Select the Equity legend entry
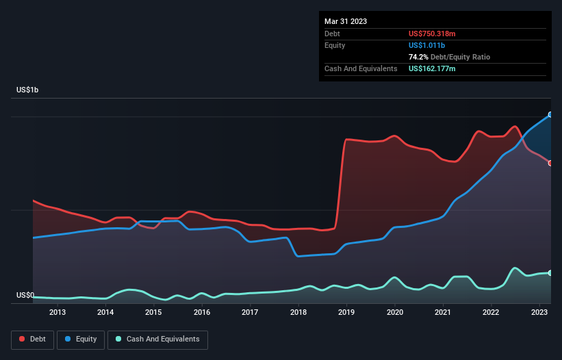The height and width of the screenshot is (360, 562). click(x=81, y=339)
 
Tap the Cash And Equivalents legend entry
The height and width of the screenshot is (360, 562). click(x=157, y=339)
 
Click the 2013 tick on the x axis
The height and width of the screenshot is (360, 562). click(x=58, y=313)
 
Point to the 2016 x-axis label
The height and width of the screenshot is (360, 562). click(x=202, y=313)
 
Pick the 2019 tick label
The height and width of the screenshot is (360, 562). click(x=346, y=313)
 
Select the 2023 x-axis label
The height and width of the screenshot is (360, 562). click(x=539, y=313)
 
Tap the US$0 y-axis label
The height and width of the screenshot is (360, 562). click(x=25, y=296)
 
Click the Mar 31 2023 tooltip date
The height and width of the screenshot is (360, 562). click(x=346, y=21)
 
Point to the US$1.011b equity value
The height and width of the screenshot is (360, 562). click(x=426, y=45)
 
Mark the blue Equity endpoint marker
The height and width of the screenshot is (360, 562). click(x=550, y=114)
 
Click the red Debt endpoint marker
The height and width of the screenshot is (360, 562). click(x=550, y=163)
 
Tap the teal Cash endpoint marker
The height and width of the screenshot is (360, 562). click(x=550, y=273)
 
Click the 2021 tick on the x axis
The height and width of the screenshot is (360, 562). click(x=443, y=313)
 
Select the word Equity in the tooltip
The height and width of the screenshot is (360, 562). click(x=335, y=45)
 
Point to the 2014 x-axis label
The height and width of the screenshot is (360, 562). click(x=105, y=313)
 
